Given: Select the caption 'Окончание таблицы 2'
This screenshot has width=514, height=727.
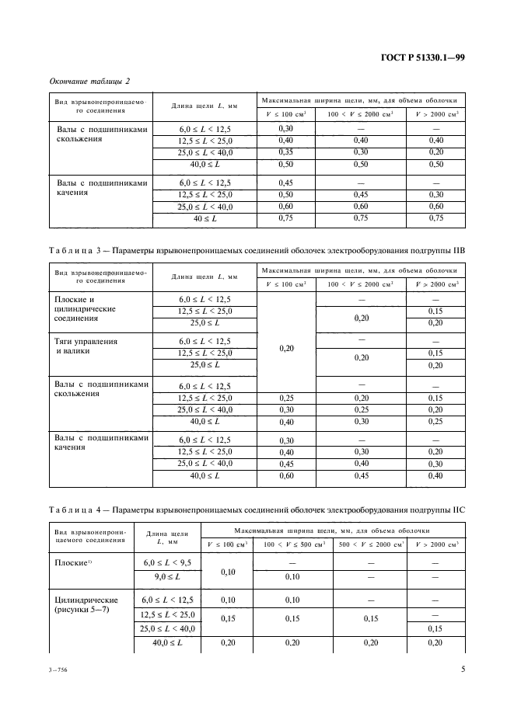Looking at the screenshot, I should click(x=89, y=81).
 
